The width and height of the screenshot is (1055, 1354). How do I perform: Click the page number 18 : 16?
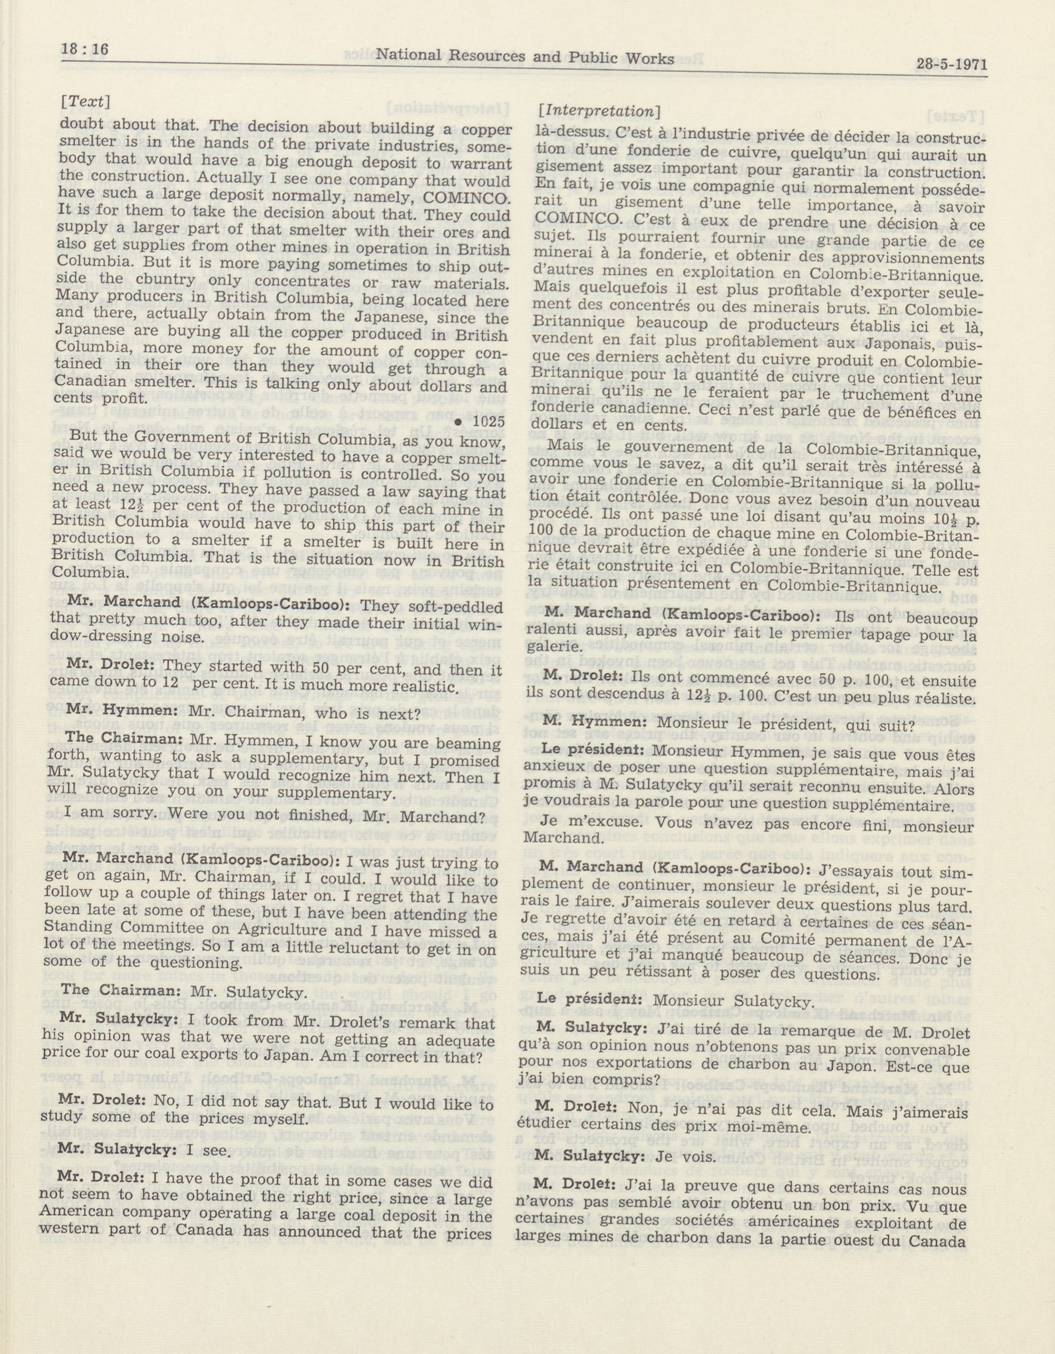pyautogui.click(x=85, y=49)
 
